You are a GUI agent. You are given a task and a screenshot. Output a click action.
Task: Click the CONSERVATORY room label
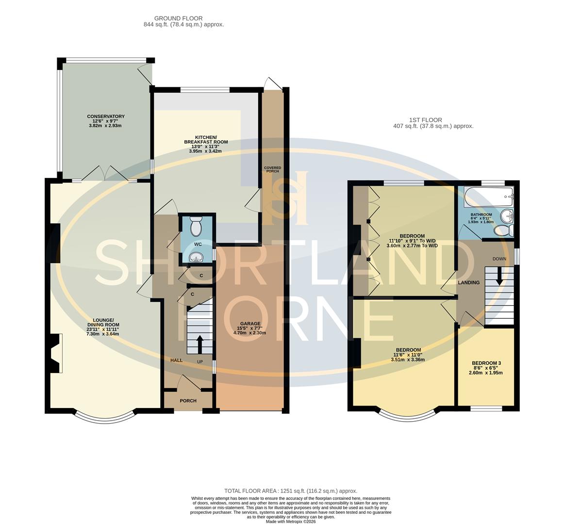click(x=105, y=116)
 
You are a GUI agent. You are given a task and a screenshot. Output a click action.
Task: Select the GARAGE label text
click(x=250, y=324)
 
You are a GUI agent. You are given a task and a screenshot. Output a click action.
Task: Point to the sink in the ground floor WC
click(x=196, y=257)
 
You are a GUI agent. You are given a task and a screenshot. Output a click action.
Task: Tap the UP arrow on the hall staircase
click(x=199, y=345)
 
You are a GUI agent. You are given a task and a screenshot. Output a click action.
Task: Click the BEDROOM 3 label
click(x=486, y=363)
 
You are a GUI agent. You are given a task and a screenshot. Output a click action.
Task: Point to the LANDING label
click(x=468, y=282)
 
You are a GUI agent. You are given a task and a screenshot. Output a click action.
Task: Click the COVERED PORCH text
click(x=272, y=169)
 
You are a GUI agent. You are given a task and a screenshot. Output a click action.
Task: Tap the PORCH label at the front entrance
click(x=188, y=401)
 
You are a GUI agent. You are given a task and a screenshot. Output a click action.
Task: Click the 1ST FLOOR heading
click(x=425, y=120)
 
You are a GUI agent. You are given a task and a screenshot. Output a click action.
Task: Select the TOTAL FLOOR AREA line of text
click(x=290, y=491)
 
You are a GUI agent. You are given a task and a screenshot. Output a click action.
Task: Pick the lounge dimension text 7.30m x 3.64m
click(x=103, y=334)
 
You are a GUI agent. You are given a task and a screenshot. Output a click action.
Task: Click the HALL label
click(x=176, y=360)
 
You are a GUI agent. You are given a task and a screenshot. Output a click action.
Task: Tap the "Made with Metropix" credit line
click(x=290, y=521)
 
